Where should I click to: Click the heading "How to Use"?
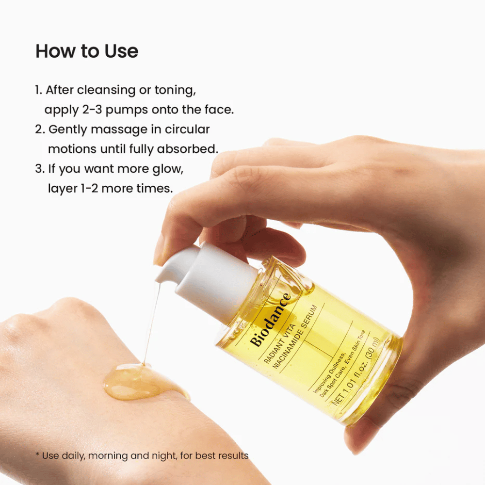pos(87,51)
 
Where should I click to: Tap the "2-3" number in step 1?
pos(89,110)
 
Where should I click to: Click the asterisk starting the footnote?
pos(37,455)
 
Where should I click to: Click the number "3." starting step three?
pos(39,169)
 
